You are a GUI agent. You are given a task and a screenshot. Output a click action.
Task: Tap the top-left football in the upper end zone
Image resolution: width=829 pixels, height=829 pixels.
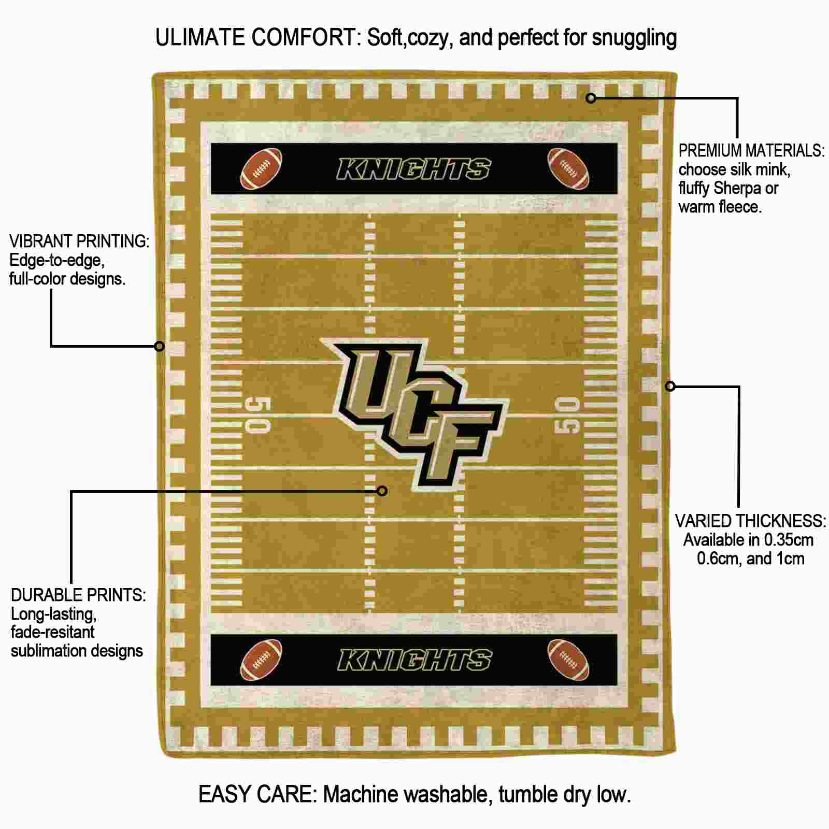click(261, 169)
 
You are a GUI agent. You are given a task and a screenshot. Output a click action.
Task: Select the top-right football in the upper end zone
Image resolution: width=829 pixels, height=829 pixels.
click(568, 169)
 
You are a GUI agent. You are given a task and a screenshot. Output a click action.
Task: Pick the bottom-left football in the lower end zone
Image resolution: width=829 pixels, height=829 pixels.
click(261, 660)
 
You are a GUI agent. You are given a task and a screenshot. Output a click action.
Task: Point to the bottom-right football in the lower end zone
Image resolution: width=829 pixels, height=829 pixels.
click(568, 660)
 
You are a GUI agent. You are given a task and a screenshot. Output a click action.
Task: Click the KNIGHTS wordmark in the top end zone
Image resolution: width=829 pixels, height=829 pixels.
click(414, 169)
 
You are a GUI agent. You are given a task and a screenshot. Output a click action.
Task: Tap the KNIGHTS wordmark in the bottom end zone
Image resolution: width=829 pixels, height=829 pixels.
click(414, 660)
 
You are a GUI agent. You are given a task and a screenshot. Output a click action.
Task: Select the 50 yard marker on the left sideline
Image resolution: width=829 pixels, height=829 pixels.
click(258, 416)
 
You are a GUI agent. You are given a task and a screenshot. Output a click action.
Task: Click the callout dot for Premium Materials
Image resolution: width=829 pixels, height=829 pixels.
click(591, 97)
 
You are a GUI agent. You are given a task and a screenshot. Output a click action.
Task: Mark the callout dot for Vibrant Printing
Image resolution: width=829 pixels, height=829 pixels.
click(160, 346)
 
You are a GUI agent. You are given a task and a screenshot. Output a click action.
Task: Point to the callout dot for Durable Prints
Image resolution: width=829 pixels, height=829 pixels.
click(382, 491)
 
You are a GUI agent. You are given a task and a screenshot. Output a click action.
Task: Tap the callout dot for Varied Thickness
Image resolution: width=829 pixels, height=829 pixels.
click(670, 386)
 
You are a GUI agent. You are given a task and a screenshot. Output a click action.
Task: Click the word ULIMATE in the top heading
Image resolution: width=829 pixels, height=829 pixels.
click(200, 38)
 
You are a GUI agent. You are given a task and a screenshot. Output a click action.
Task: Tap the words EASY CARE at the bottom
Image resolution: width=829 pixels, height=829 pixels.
click(258, 794)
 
